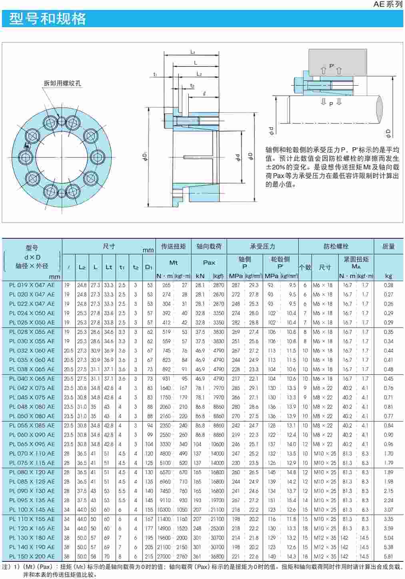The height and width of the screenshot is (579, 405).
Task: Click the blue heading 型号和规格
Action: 48,19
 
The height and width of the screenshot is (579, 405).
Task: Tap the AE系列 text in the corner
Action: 387,4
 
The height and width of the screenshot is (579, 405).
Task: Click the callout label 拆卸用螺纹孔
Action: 62,83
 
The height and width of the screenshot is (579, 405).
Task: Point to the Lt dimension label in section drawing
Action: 193,52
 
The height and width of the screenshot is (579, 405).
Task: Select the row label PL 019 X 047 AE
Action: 32,285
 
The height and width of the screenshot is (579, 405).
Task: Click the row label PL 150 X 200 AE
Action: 32,556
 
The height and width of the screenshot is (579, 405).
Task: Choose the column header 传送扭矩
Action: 173,246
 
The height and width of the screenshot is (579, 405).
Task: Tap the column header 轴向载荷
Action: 209,246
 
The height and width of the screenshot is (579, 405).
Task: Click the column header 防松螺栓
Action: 336,246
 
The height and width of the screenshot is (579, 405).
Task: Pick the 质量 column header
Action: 388,246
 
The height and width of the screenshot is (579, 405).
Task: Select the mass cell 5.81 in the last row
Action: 388,556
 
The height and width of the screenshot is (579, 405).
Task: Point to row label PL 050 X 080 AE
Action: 32,416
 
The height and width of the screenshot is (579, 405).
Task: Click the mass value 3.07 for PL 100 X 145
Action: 388,509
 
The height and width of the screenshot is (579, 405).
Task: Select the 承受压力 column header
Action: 262,246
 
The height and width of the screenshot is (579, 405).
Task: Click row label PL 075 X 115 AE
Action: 32,463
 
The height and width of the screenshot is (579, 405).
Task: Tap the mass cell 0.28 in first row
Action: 388,285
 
